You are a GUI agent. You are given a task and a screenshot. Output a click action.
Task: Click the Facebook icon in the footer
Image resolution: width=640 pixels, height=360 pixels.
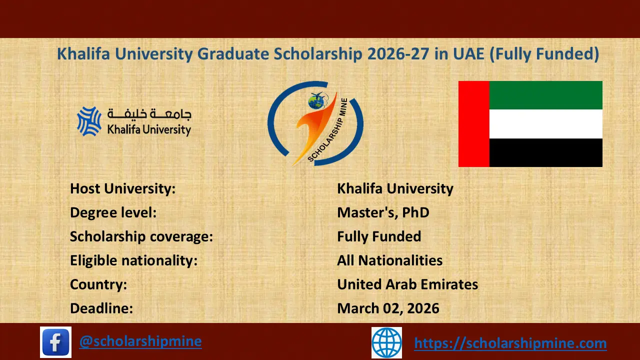[x=56, y=342]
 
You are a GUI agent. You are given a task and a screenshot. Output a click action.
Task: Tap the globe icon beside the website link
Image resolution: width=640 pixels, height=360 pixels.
[x=386, y=342]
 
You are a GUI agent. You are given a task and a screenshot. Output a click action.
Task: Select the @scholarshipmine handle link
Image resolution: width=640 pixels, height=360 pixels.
[x=140, y=341]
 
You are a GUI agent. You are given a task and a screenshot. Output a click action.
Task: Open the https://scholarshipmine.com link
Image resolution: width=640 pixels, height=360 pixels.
[x=510, y=343]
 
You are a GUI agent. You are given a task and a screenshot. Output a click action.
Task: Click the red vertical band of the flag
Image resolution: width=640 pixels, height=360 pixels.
[x=473, y=124]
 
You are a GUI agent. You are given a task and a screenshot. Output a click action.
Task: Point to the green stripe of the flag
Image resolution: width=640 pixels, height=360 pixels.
[x=545, y=95]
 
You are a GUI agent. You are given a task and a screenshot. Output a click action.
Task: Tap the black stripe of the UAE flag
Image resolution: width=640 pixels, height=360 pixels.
[x=545, y=152]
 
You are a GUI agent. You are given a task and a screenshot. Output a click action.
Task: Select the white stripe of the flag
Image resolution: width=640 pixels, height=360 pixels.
[x=545, y=124]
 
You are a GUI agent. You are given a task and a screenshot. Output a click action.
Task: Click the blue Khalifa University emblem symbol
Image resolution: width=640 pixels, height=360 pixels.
[x=89, y=121]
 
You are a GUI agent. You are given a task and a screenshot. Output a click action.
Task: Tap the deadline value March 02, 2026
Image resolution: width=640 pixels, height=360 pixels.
[x=388, y=308]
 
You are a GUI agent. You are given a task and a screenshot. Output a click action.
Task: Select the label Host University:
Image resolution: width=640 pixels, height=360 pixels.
[x=122, y=188]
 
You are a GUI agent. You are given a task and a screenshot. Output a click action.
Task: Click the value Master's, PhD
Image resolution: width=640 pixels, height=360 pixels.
[x=383, y=212]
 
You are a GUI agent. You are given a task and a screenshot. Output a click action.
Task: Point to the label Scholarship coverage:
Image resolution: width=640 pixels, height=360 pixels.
[x=141, y=236]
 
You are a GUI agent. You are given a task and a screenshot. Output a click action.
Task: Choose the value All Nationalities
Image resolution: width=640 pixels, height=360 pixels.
[x=389, y=260]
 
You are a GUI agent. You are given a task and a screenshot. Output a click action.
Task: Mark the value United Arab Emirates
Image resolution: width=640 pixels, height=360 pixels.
[x=407, y=284]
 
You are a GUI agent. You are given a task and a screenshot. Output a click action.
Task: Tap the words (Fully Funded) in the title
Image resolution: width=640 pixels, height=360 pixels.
[x=543, y=54]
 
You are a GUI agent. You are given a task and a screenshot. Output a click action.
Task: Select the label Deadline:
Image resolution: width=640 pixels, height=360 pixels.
[x=101, y=308]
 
